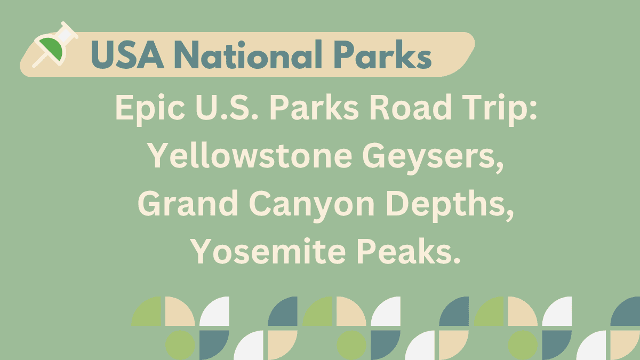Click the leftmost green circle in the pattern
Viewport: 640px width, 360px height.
(x=180, y=345)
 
